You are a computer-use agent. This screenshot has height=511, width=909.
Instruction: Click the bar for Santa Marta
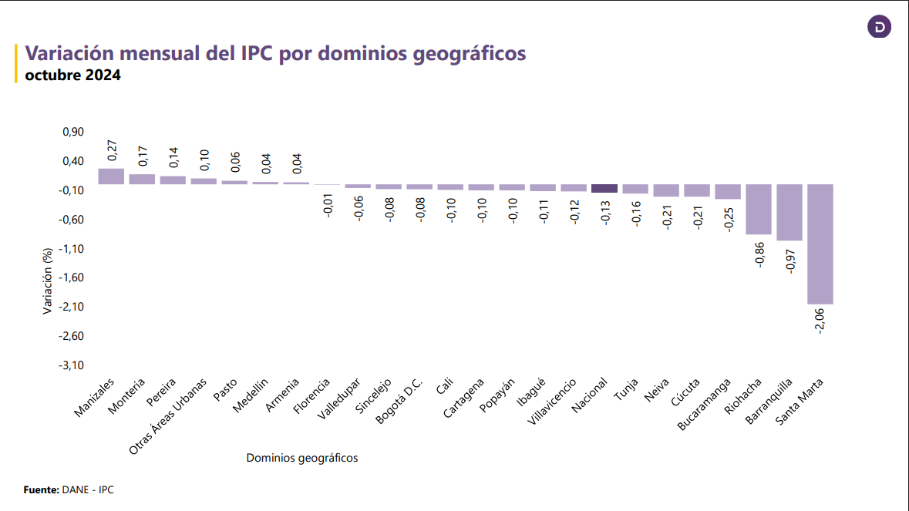(820, 244)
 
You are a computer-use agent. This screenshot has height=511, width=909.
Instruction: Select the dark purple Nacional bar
(604, 188)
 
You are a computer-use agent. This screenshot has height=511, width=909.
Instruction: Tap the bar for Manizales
(111, 176)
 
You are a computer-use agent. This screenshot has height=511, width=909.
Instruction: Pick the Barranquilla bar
(789, 213)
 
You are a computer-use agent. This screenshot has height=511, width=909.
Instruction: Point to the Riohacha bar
(758, 209)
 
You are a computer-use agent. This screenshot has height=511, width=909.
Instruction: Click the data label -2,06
(820, 320)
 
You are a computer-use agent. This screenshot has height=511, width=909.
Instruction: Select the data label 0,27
(111, 150)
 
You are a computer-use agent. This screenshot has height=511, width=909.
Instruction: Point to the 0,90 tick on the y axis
(72, 133)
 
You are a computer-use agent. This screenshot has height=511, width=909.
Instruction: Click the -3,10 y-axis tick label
(71, 365)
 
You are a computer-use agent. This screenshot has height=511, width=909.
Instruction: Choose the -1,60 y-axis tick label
(71, 277)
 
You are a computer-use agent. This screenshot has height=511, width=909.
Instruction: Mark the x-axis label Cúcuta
(686, 392)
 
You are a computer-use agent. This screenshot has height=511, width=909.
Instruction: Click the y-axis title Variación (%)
(48, 281)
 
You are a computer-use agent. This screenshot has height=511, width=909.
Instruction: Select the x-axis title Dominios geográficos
(302, 458)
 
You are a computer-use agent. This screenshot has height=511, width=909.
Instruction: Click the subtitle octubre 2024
(73, 76)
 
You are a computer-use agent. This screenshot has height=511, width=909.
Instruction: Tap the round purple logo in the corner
(879, 28)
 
